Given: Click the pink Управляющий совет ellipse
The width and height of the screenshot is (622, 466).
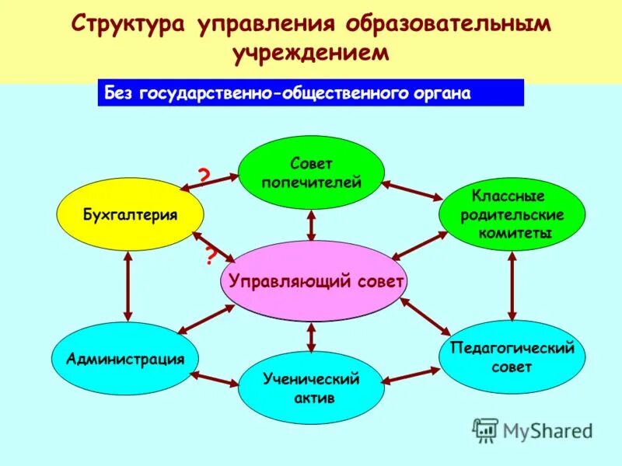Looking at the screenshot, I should point(314,281).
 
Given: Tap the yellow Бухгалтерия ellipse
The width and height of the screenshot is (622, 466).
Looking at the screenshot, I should point(131,214).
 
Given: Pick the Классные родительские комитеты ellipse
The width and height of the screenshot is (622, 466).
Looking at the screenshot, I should point(512,214).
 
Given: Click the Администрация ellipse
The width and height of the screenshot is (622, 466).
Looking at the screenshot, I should point(125,359).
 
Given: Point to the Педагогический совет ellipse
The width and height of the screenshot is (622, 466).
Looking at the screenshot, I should point(512,357).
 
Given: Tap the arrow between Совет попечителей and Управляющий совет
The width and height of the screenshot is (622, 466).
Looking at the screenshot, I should point(312,224).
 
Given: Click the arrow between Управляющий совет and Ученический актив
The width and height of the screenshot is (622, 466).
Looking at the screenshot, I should point(311,337).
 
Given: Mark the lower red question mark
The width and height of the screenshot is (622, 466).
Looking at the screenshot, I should point(210,256).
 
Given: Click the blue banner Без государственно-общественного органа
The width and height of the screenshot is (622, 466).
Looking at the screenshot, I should point(310,94).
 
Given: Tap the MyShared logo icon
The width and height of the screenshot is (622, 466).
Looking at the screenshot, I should point(485,429).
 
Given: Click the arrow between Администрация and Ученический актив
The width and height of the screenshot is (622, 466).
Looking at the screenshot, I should point(216,379).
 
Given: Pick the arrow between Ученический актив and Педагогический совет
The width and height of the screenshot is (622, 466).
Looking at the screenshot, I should point(411,377).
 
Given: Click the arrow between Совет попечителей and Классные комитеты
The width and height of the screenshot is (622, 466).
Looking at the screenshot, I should point(411,191).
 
